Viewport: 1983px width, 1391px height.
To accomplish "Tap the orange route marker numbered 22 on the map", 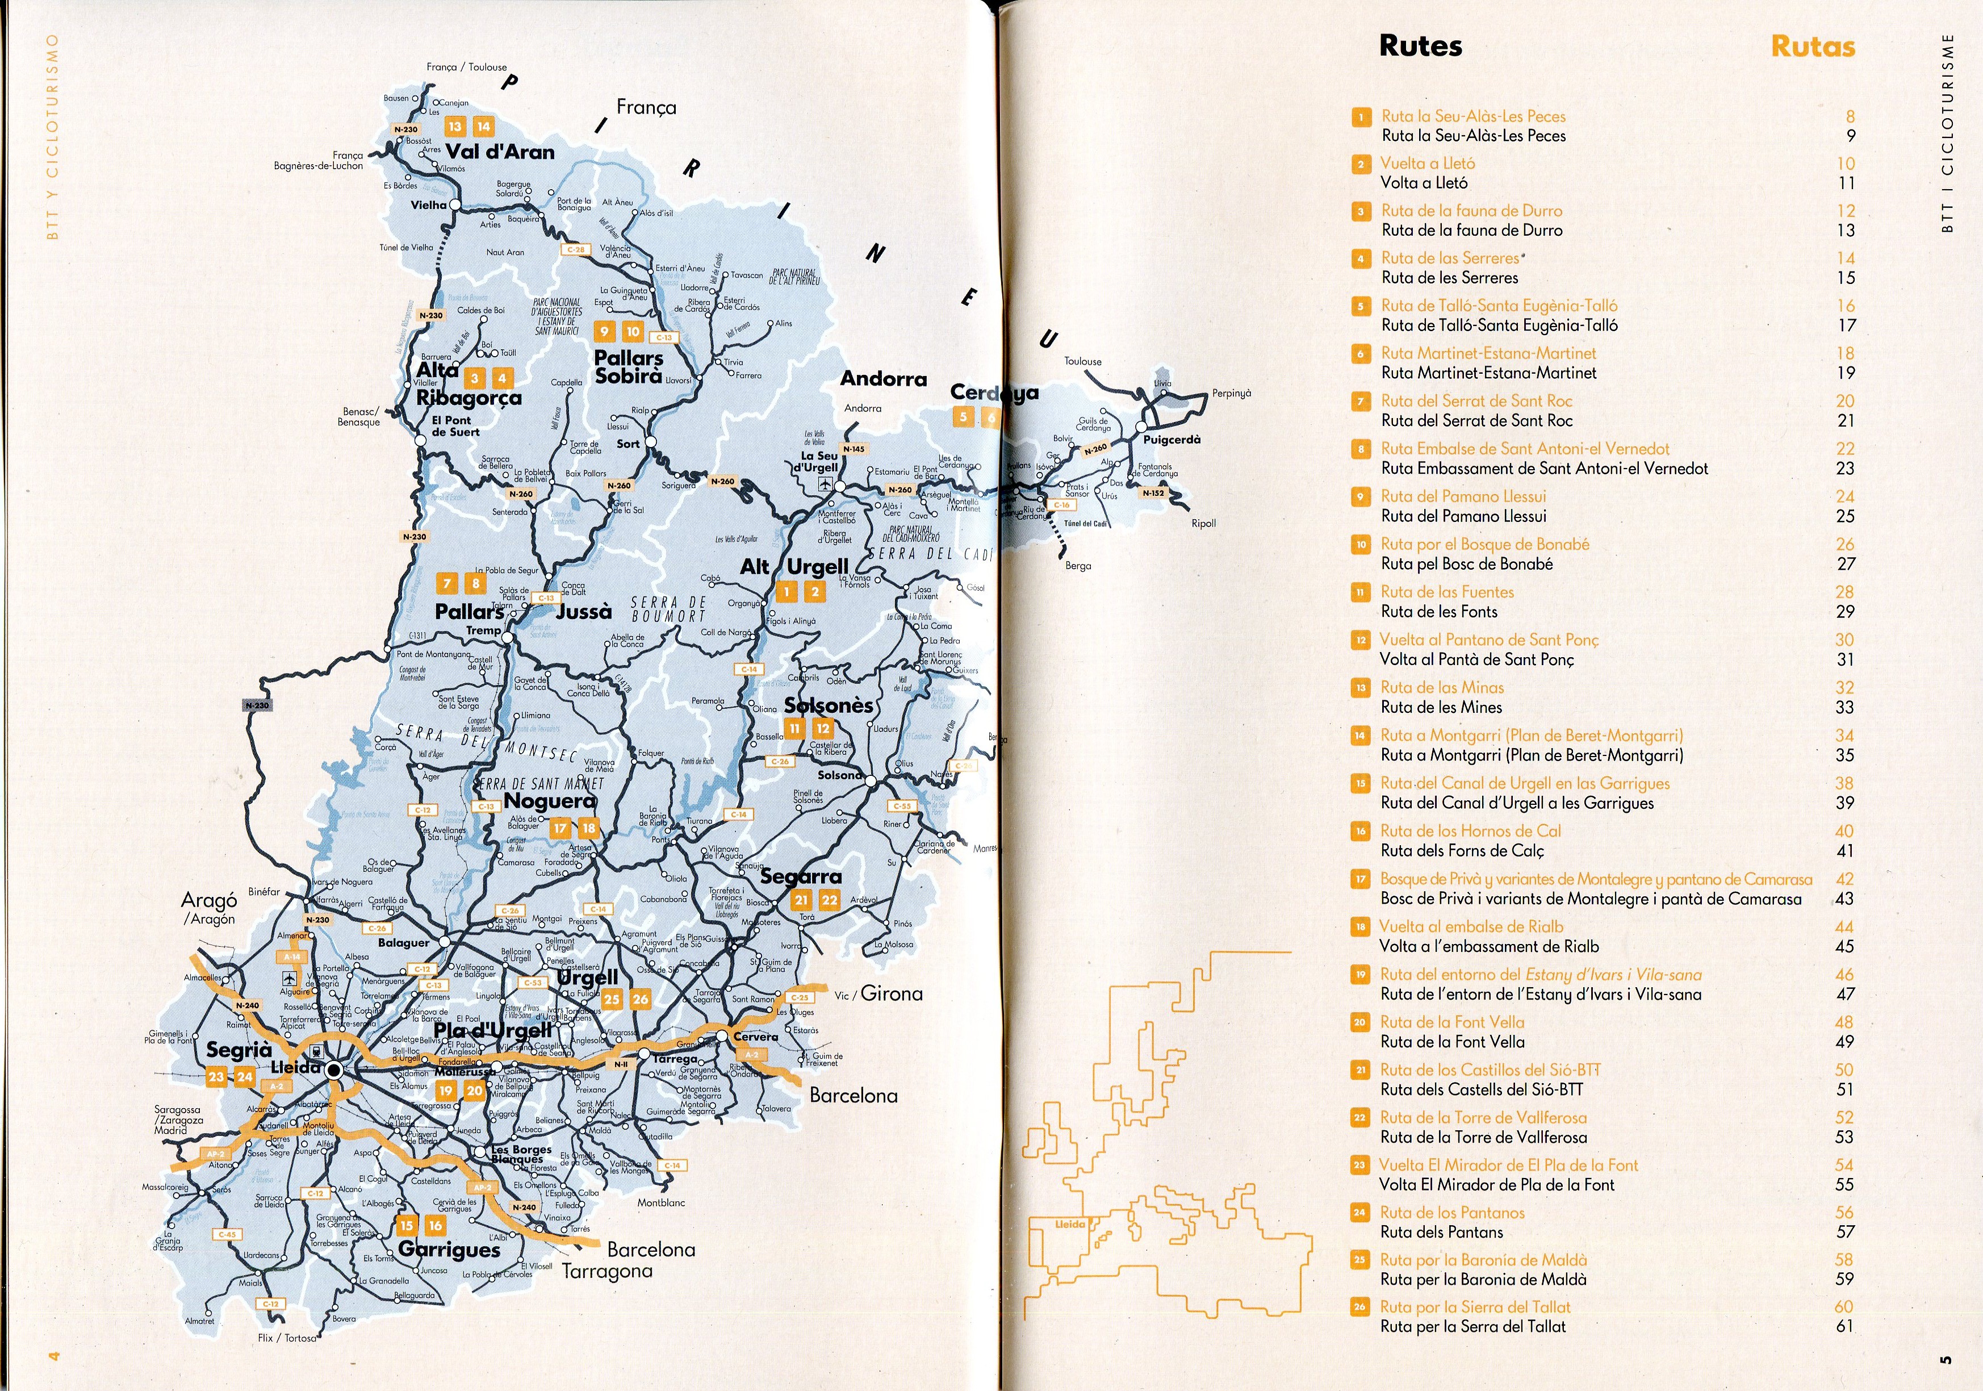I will [x=829, y=899].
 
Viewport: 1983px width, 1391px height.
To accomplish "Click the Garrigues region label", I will [x=449, y=1250].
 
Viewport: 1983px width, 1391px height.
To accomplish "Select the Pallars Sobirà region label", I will [x=629, y=367].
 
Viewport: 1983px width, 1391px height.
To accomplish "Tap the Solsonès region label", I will [x=829, y=705].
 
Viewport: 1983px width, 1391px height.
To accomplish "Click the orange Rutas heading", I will [x=1812, y=46].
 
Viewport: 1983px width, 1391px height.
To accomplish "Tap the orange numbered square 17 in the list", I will [x=1360, y=879].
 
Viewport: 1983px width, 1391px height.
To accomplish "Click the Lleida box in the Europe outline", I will [x=1069, y=1224].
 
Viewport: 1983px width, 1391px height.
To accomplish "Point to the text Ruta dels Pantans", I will [x=1441, y=1232].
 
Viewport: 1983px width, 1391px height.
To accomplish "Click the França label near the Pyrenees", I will [x=646, y=107].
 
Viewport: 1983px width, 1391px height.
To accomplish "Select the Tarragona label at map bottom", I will [x=607, y=1271].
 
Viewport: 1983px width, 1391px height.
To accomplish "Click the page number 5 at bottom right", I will [x=1945, y=1360].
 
